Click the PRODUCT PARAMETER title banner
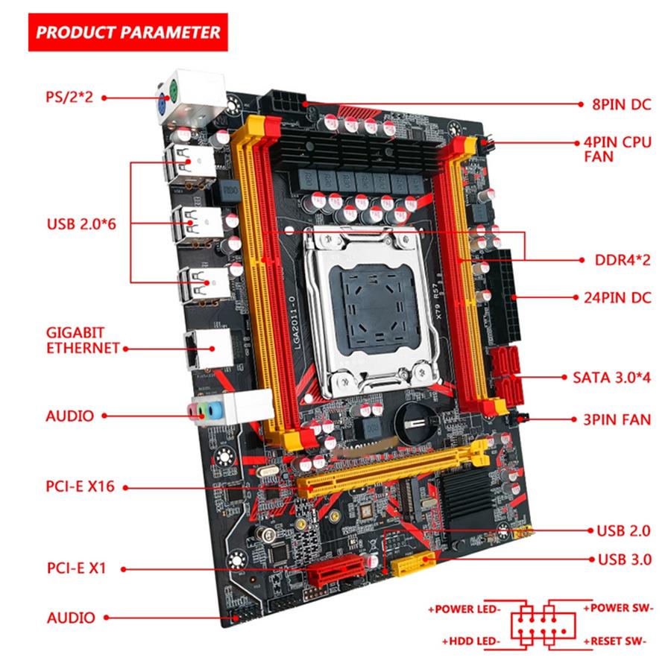127,32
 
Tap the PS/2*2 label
69,97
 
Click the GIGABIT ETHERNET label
82,340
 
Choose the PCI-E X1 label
75,568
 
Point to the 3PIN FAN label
615,419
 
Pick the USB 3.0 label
624,559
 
